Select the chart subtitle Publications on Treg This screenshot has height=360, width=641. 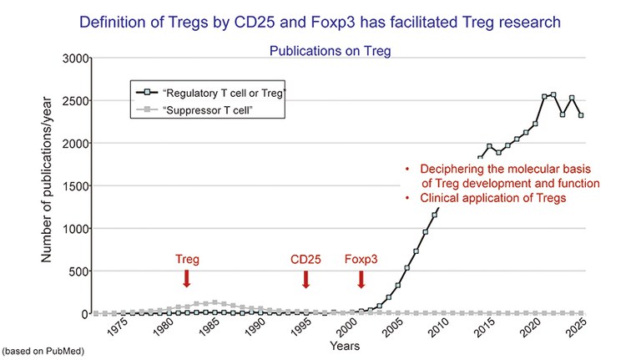[x=330, y=50]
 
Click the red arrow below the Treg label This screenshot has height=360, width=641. [x=187, y=278]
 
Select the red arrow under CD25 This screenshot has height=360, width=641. [x=306, y=278]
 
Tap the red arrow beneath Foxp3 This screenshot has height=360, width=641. [x=361, y=278]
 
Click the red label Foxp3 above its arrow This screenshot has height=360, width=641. [x=361, y=259]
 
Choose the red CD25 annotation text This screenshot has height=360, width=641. [x=306, y=259]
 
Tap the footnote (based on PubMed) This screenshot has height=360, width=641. [x=43, y=351]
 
